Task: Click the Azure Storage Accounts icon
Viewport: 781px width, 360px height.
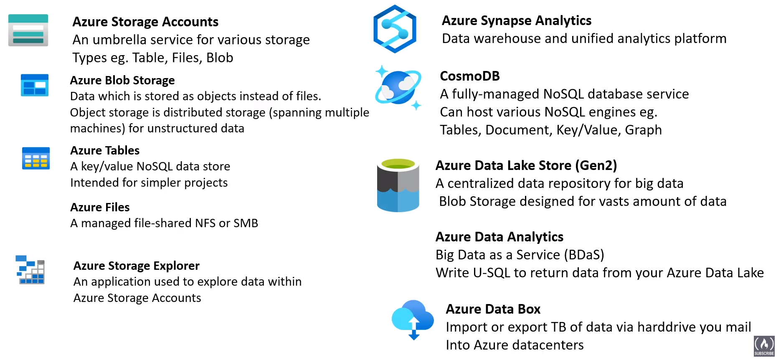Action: click(28, 30)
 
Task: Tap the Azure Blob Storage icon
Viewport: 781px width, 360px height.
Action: click(35, 85)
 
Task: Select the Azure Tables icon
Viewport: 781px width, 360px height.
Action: click(36, 158)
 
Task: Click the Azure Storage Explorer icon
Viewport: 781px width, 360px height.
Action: click(30, 270)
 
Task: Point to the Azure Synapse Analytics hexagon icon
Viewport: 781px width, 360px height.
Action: click(395, 29)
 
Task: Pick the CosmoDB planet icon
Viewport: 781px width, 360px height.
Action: click(398, 87)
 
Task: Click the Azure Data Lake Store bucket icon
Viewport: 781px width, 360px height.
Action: click(398, 185)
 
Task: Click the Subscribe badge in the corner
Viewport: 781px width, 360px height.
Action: click(764, 346)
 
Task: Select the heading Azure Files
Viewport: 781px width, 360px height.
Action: click(100, 207)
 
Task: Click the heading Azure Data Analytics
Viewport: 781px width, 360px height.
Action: click(500, 237)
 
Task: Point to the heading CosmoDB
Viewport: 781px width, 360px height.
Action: click(470, 76)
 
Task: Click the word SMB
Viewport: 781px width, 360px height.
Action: click(246, 223)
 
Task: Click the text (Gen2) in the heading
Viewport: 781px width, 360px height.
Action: click(596, 165)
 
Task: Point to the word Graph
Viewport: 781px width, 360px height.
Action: click(643, 130)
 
